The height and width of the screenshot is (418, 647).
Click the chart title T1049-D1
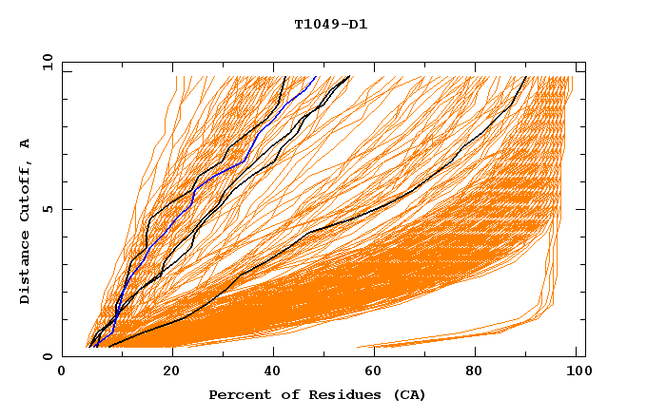click(330, 25)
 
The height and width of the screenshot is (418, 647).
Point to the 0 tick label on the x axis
click(62, 371)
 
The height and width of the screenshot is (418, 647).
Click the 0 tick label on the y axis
click(47, 357)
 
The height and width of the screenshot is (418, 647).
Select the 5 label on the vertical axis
click(47, 209)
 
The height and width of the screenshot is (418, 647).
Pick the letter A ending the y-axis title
click(26, 143)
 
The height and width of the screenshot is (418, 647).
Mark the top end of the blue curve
click(318, 76)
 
